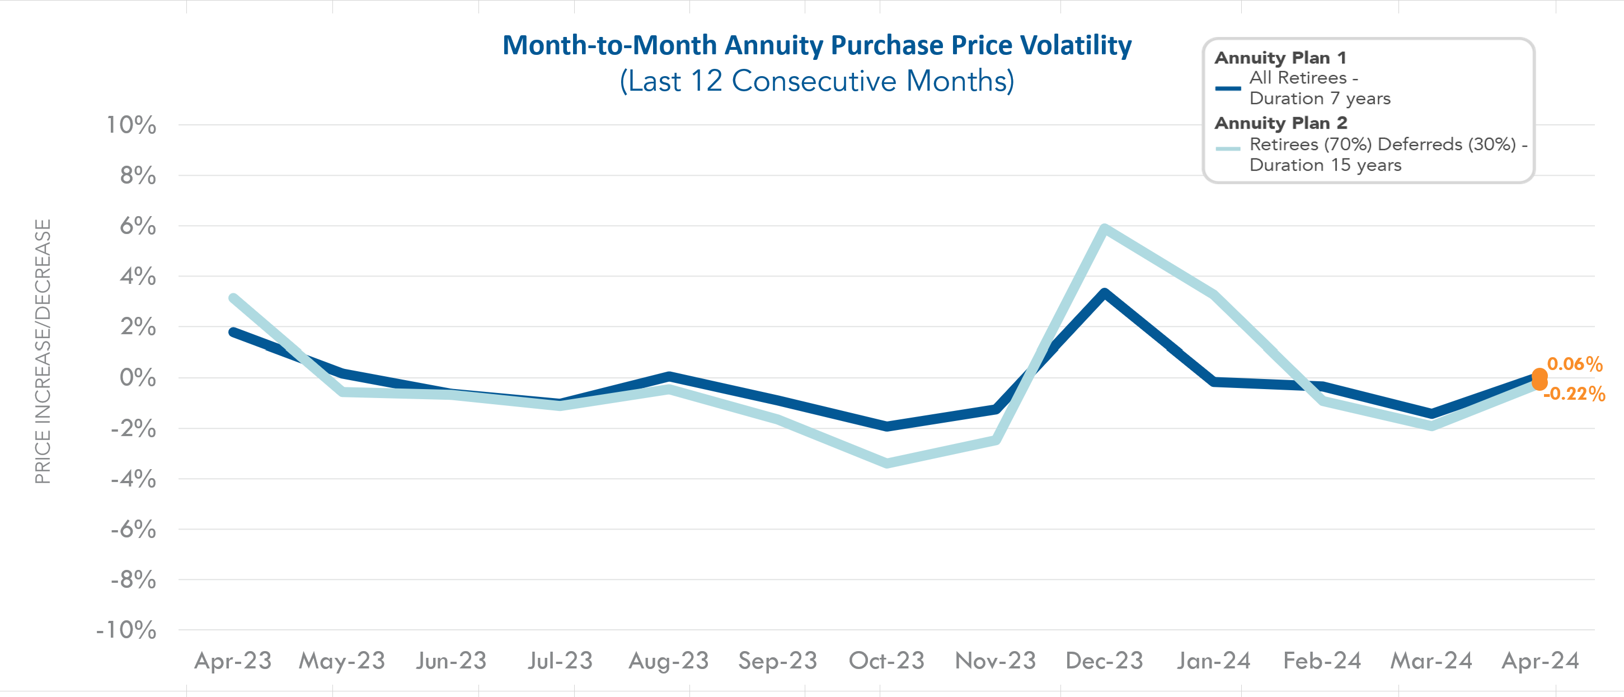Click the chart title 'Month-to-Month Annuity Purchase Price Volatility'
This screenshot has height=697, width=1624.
pos(816,45)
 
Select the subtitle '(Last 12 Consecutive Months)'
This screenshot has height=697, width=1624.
pos(816,81)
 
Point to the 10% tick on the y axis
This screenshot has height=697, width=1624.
pos(131,125)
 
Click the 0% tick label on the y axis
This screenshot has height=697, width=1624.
pos(138,377)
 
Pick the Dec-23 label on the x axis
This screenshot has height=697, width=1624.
pos(1104,661)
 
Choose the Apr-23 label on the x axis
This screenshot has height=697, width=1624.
pos(233,661)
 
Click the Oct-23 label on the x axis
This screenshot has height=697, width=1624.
pos(886,661)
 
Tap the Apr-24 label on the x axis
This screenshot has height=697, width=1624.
pos(1539,661)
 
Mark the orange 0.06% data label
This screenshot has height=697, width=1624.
pos(1574,364)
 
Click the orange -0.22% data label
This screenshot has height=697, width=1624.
pos(1574,394)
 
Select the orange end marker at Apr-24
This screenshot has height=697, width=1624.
pos(1539,379)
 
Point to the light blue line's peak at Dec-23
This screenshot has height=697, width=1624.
pos(1104,228)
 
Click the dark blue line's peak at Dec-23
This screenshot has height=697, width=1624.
pos(1104,293)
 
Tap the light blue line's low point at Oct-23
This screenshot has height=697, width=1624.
pos(887,463)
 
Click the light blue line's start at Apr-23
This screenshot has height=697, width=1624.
pos(233,298)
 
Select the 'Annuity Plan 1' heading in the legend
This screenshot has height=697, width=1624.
pos(1280,58)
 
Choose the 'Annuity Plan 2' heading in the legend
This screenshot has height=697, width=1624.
pos(1280,123)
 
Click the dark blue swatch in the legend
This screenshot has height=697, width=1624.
pos(1227,88)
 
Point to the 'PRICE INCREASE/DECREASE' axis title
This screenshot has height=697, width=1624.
pos(42,352)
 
